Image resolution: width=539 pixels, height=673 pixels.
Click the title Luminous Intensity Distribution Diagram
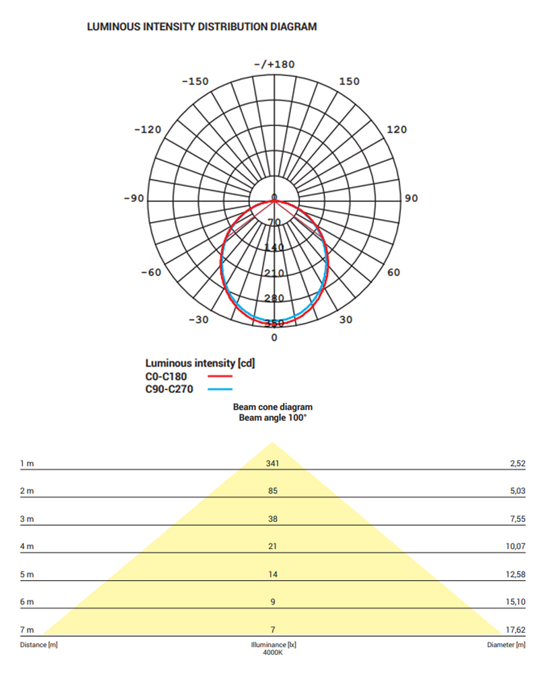coord(201,27)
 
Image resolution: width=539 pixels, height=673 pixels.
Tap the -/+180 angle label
coord(274,65)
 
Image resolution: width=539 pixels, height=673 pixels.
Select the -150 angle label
coord(195,81)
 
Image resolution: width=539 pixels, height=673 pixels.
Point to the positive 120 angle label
coord(396,129)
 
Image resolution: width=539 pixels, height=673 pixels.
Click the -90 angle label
coord(135,199)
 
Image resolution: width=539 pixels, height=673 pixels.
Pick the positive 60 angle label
coord(394,273)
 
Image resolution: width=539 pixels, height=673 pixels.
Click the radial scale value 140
coord(274,248)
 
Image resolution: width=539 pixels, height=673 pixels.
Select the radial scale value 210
coord(274,273)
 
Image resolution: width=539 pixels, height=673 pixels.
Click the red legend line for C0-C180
coord(219,377)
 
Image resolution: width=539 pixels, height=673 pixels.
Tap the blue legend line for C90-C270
coord(219,390)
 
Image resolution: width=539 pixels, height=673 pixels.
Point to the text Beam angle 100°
coord(273,418)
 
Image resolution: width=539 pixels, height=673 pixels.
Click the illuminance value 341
coord(273,463)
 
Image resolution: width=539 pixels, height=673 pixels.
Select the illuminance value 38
coord(273,519)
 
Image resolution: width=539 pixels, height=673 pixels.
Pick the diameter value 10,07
coord(515,546)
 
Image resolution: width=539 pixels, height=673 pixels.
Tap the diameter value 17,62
coord(515,630)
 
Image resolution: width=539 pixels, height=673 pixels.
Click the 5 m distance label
coord(27,574)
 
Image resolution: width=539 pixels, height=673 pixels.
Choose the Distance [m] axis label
coord(38,645)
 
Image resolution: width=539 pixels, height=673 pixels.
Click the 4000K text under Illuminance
coord(273,652)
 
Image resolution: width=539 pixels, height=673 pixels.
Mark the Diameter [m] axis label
coord(506,645)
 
